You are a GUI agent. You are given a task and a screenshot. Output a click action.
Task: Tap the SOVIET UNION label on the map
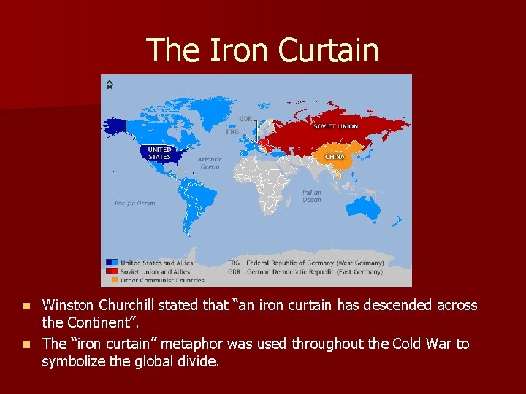click(x=335, y=126)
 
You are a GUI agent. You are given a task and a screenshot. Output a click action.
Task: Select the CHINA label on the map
click(x=335, y=156)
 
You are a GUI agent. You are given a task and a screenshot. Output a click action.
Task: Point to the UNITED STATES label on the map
click(x=159, y=153)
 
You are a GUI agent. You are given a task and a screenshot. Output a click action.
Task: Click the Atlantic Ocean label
click(x=210, y=163)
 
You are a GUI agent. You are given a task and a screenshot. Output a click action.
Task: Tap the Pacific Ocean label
click(x=134, y=204)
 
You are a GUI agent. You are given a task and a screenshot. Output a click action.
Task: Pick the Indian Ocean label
click(x=311, y=196)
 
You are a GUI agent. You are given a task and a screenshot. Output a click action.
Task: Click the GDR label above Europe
click(x=245, y=119)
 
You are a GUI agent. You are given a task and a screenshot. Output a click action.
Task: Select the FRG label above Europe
click(x=232, y=132)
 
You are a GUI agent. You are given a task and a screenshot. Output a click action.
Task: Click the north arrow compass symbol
click(x=109, y=84)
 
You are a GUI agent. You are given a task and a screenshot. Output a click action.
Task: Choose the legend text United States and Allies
click(x=157, y=263)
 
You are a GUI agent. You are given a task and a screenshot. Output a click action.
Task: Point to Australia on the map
click(x=364, y=209)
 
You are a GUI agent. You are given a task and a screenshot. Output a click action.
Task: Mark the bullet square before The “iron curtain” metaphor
click(x=27, y=344)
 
